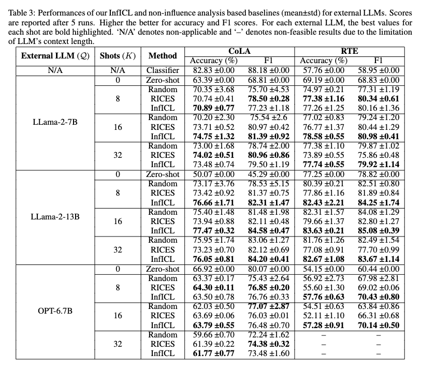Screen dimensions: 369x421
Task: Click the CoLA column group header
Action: [x=239, y=51]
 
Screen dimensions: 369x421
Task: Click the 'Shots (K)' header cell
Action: [x=118, y=56]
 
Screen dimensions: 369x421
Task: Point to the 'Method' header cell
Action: [x=163, y=56]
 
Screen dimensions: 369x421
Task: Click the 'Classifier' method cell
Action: [x=163, y=70]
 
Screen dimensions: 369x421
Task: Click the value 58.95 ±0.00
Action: [x=378, y=70]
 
